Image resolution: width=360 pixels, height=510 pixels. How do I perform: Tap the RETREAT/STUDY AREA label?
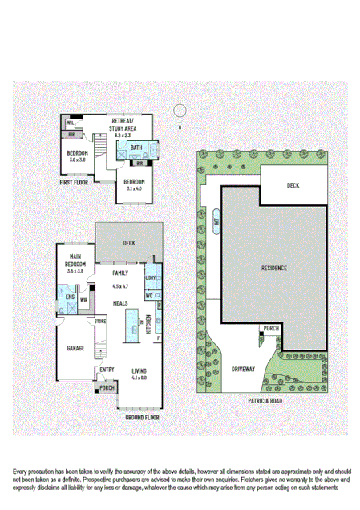click(123, 124)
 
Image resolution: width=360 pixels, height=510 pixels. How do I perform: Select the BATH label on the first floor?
click(136, 148)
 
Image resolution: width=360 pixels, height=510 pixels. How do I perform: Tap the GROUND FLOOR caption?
click(142, 418)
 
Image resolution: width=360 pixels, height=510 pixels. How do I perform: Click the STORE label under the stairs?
click(100, 322)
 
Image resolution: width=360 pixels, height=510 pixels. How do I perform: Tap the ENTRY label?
click(107, 370)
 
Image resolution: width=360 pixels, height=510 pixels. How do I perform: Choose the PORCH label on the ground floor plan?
click(106, 388)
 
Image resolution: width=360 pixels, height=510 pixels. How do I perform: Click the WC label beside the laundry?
click(149, 295)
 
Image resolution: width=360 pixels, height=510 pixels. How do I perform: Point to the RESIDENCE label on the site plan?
click(274, 267)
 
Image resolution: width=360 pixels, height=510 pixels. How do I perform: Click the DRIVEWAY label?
click(243, 369)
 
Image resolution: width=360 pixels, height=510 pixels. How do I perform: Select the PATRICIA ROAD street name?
click(265, 398)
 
